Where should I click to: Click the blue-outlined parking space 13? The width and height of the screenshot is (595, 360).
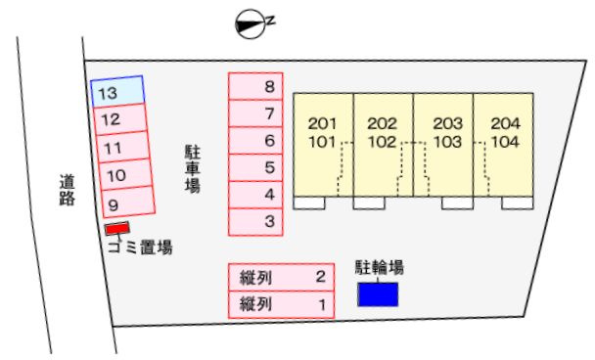(117, 91)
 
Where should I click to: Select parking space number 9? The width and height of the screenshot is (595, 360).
(128, 202)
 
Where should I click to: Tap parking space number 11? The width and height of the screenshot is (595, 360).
(123, 147)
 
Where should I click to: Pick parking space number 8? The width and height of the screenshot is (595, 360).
(255, 86)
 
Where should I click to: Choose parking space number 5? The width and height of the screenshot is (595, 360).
(255, 167)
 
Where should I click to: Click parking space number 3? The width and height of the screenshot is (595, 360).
(255, 222)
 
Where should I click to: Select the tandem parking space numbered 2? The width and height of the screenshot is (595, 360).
(281, 277)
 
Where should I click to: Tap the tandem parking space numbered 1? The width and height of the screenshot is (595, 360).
(281, 304)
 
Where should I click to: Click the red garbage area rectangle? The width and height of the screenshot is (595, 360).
(117, 228)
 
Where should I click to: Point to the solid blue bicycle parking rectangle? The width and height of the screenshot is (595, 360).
(379, 294)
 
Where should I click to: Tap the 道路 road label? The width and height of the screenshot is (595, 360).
(67, 190)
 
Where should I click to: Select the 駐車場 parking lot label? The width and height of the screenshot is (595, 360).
(193, 168)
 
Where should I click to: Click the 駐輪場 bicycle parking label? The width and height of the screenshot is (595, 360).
(379, 267)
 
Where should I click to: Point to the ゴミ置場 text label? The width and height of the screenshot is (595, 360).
(140, 247)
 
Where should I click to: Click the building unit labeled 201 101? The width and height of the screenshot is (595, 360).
(323, 145)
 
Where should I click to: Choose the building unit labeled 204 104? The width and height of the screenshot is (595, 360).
(504, 145)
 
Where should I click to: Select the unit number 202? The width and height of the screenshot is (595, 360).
(382, 123)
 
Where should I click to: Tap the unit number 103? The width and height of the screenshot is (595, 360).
(448, 142)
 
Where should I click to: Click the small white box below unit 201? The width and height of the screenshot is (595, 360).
(309, 202)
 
